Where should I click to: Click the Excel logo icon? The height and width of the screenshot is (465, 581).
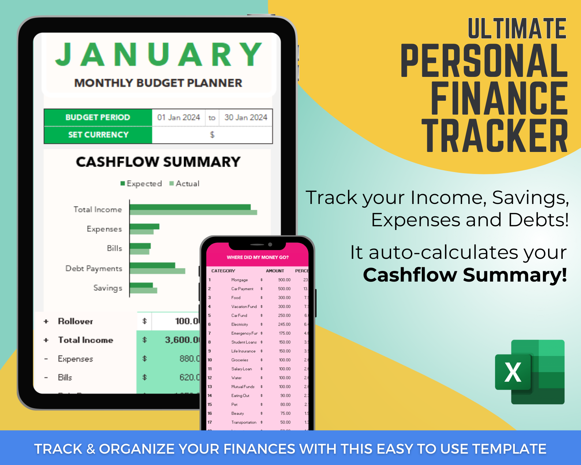[x=529, y=372]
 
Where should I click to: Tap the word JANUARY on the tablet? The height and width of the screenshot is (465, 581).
[x=158, y=55]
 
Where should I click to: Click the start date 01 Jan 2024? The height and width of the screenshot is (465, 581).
[x=179, y=118]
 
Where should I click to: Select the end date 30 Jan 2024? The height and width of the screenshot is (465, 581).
[x=246, y=118]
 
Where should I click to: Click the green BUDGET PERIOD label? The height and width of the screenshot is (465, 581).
[x=98, y=118]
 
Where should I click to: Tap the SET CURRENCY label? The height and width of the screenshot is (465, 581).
[x=98, y=135]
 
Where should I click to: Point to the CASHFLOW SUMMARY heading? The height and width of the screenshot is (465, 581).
[x=158, y=162]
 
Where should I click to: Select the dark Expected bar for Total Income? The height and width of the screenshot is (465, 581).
[x=190, y=207]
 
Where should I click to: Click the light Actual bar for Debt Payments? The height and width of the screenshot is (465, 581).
[x=157, y=271]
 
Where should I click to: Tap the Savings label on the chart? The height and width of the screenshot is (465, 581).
[x=108, y=288]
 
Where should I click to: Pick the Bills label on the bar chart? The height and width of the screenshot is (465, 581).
[x=114, y=248]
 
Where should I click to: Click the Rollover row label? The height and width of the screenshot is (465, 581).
[x=75, y=321]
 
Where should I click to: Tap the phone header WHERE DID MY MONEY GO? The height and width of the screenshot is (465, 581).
[x=258, y=257]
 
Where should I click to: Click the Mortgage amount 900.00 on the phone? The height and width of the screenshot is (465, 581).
[x=284, y=280]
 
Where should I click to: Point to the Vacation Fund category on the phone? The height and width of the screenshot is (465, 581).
[x=244, y=306]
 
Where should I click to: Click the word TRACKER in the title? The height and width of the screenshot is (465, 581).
[x=495, y=136]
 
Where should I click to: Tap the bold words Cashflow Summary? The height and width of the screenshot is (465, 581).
[x=465, y=275]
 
